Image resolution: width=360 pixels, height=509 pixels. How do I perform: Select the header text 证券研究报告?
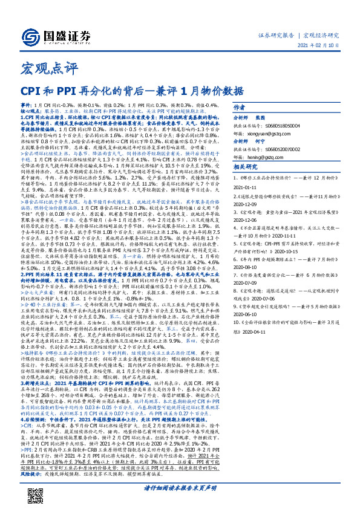point(276,36)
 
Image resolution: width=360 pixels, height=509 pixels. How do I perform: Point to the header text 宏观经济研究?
point(321,36)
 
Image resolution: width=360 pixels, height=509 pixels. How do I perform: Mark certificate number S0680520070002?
point(284,148)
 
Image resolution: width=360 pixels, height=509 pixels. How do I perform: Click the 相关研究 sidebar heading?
point(245,167)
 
